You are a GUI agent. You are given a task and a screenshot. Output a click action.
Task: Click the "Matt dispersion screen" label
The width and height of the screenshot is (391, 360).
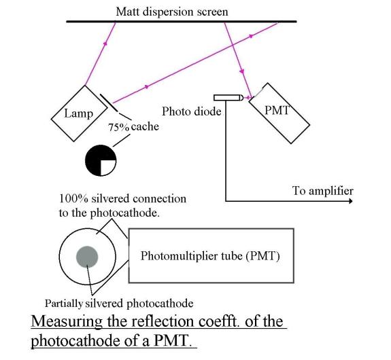pyautogui.click(x=172, y=12)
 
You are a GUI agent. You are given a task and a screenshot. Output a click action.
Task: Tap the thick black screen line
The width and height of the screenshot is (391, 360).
pyautogui.click(x=182, y=22)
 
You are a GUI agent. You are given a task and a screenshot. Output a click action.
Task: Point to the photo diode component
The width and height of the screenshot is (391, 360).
pyautogui.click(x=228, y=97)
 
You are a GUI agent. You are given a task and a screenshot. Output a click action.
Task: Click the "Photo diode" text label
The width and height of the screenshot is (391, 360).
pyautogui.click(x=192, y=111)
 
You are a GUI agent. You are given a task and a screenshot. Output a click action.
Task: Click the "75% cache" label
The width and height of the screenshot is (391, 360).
pyautogui.click(x=133, y=127)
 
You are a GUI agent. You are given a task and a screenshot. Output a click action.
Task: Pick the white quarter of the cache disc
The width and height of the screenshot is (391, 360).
pyautogui.click(x=107, y=167)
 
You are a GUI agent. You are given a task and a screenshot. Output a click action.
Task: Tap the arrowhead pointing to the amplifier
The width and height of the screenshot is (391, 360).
pyautogui.click(x=351, y=201)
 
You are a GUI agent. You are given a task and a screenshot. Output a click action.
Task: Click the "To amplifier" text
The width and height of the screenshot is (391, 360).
pyautogui.click(x=323, y=191)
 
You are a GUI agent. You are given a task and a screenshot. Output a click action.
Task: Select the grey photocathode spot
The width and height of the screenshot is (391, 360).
pyautogui.click(x=87, y=257)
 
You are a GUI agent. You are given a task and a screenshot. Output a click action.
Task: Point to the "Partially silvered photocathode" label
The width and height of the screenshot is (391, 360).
pyautogui.click(x=119, y=304)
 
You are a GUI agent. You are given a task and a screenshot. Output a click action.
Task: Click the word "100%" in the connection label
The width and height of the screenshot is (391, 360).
pyautogui.click(x=73, y=199)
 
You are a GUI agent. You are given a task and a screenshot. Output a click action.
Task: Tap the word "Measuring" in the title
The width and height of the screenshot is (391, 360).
pyautogui.click(x=67, y=321)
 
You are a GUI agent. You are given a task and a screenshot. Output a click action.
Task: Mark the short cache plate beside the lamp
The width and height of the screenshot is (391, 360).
pyautogui.click(x=109, y=103)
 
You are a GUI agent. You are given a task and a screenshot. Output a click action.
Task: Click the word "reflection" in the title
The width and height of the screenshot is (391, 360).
pyautogui.click(x=163, y=321)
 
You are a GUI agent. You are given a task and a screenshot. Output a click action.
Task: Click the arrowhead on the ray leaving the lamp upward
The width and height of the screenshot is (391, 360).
pyautogui.click(x=105, y=43)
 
